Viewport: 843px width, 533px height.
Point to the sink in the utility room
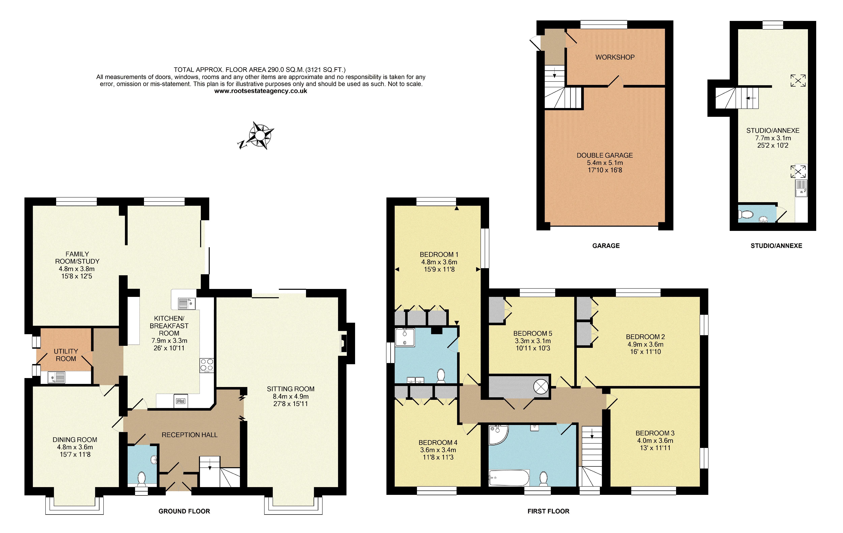point(56,377)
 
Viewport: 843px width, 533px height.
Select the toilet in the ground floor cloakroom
point(141,479)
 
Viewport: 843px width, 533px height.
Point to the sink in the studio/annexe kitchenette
point(801,188)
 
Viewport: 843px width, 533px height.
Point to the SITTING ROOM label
point(290,389)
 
